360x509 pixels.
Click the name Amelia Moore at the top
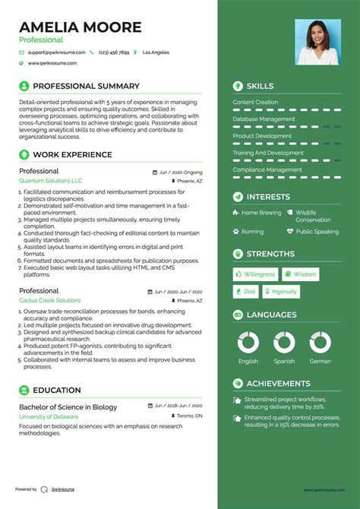click(80, 27)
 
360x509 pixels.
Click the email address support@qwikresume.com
click(56, 52)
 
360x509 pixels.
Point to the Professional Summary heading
click(86, 86)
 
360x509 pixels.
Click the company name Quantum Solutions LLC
click(50, 182)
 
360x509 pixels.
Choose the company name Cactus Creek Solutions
click(49, 301)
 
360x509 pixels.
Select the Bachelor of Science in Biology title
click(68, 407)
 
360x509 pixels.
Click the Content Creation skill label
click(255, 102)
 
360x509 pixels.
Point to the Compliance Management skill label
click(267, 169)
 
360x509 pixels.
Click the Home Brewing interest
click(261, 213)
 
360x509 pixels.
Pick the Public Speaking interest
click(317, 232)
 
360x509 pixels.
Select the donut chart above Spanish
click(284, 342)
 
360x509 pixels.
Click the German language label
click(320, 362)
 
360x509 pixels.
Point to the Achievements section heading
click(278, 384)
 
